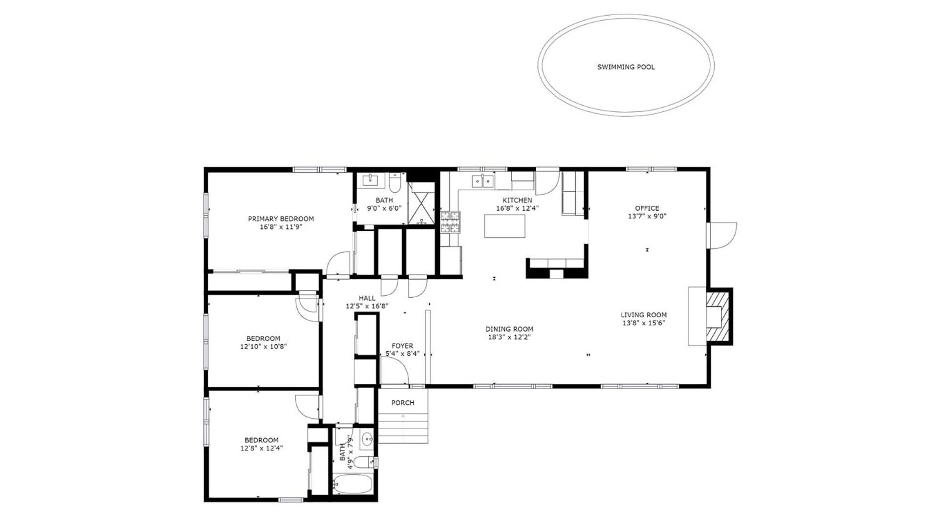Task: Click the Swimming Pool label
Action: (626, 67)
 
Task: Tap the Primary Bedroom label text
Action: (281, 219)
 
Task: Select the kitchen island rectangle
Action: (504, 226)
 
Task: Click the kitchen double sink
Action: (482, 181)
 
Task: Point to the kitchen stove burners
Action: (450, 222)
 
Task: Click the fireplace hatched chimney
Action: (719, 316)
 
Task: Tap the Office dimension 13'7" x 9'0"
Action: (647, 216)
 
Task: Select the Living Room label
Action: (643, 315)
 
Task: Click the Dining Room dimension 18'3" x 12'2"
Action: (509, 337)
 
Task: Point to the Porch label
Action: (403, 403)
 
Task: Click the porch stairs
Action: (403, 428)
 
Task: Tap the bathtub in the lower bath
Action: (352, 485)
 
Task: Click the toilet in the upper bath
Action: (395, 182)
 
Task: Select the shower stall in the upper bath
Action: (421, 203)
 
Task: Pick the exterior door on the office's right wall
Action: (721, 236)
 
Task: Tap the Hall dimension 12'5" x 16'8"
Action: (367, 306)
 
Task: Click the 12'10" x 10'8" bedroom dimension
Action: (263, 347)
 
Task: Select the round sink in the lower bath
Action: (367, 440)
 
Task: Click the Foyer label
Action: (402, 346)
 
